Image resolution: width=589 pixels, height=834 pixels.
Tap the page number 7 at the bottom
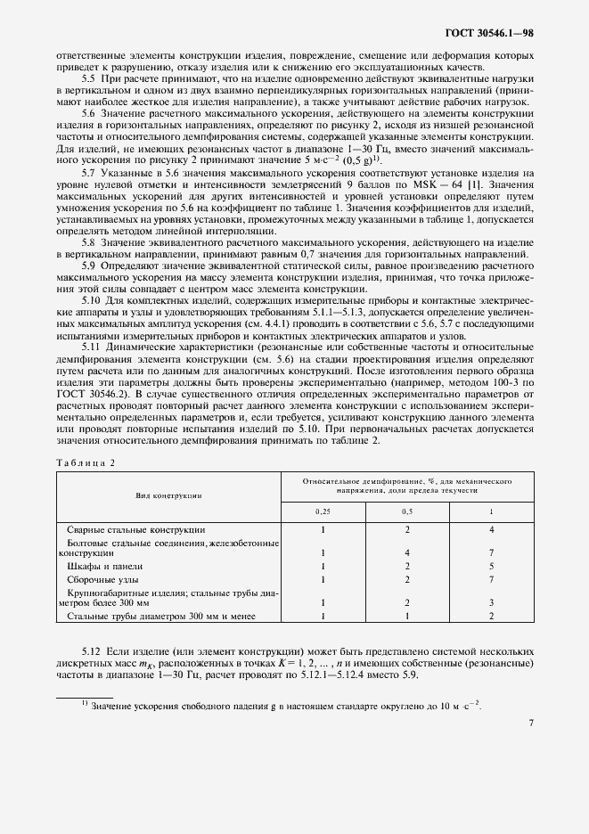coord(530,723)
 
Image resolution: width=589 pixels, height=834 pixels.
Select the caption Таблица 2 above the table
coord(86,462)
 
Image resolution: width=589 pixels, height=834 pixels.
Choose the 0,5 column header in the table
coord(406,512)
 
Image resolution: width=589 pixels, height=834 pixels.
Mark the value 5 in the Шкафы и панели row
coord(491,566)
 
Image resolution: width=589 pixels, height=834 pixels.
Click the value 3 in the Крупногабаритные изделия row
coord(491,603)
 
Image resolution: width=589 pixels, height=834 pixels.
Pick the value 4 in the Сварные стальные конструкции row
coord(491,529)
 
